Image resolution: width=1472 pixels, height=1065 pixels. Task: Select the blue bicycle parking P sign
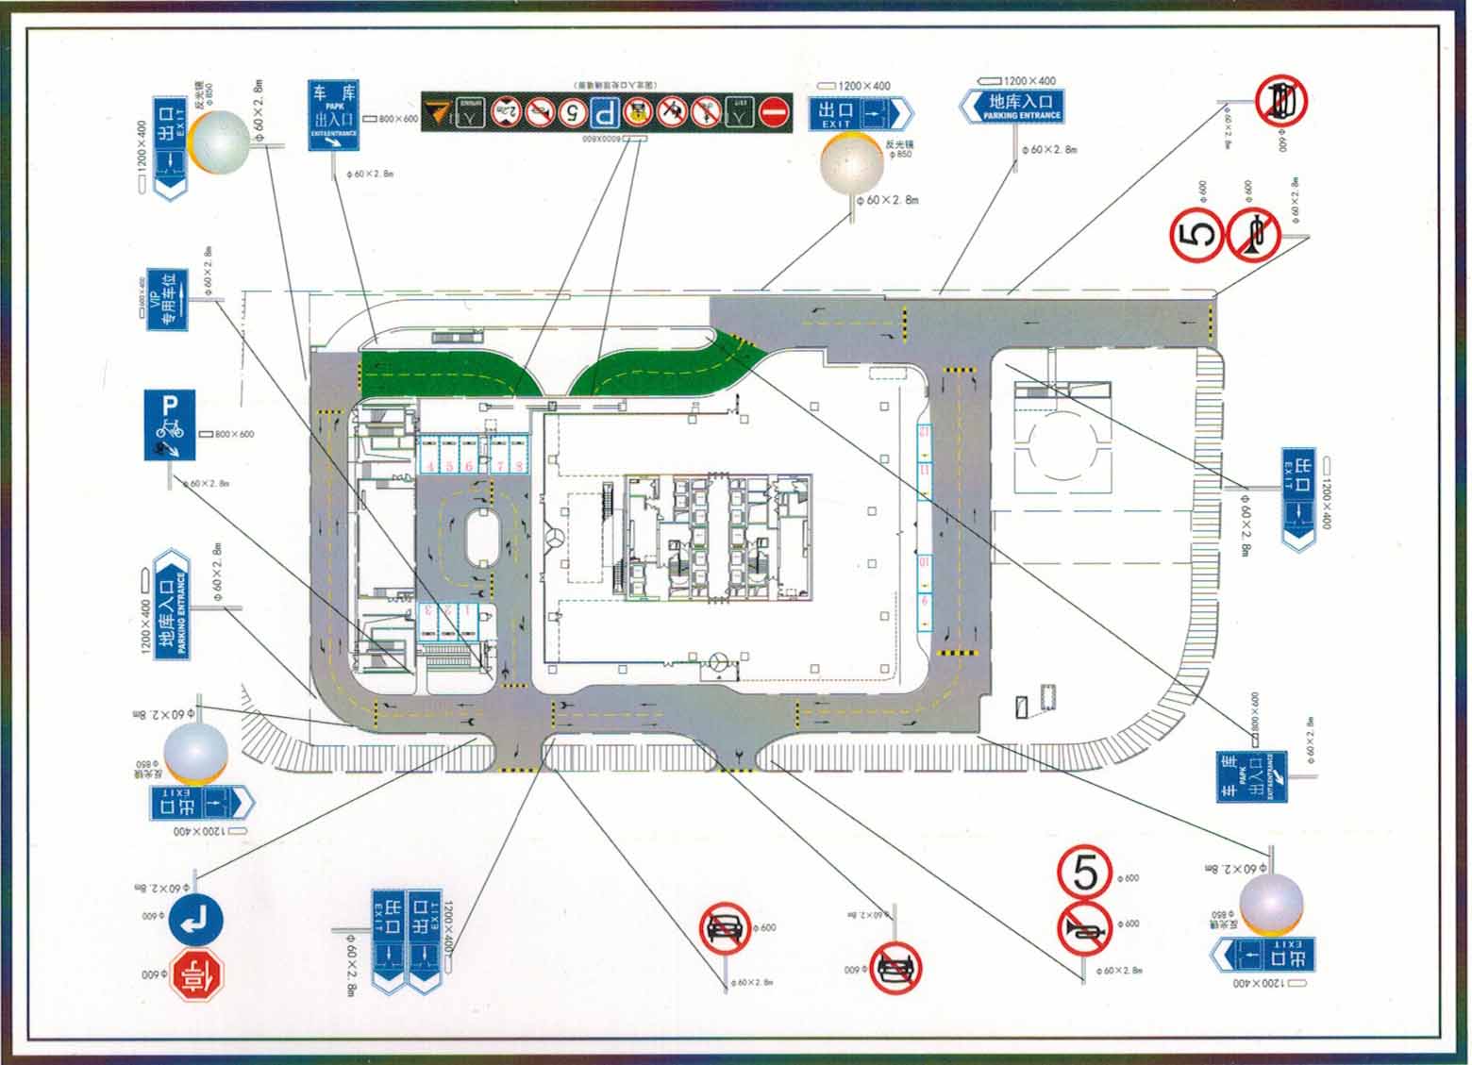(x=170, y=424)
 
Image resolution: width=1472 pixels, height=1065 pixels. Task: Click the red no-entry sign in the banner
(x=775, y=112)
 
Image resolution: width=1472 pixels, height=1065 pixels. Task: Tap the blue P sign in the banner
(x=606, y=113)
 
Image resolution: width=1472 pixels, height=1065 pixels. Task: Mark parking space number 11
(x=925, y=469)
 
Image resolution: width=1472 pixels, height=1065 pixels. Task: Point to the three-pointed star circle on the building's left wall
(x=554, y=539)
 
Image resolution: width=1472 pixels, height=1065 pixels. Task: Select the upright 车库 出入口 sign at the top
(x=334, y=116)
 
